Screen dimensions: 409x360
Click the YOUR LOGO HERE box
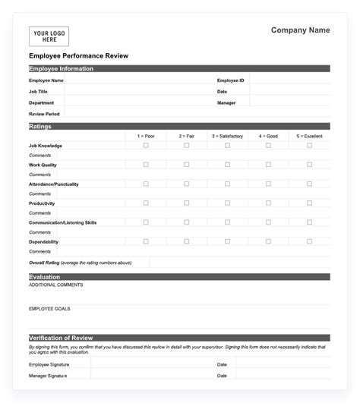coord(49,36)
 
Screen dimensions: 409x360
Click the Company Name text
coord(300,30)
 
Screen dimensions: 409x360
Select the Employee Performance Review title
coord(78,56)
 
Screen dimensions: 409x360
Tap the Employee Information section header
coord(62,68)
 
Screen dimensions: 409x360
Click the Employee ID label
coord(230,80)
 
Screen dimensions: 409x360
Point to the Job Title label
coord(38,91)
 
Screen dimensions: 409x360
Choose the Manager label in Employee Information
coord(226,102)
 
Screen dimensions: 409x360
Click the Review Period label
coord(44,114)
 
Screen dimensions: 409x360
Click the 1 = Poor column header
coord(146,136)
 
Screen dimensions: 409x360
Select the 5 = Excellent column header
coord(309,136)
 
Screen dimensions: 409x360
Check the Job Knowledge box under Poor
coord(146,145)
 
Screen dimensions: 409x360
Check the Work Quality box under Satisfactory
coord(227,164)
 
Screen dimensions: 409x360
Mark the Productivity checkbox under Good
coord(268,203)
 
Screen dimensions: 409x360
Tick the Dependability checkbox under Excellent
coord(309,241)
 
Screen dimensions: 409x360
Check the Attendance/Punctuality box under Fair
coord(187,184)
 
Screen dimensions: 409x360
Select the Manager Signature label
coord(48,376)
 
